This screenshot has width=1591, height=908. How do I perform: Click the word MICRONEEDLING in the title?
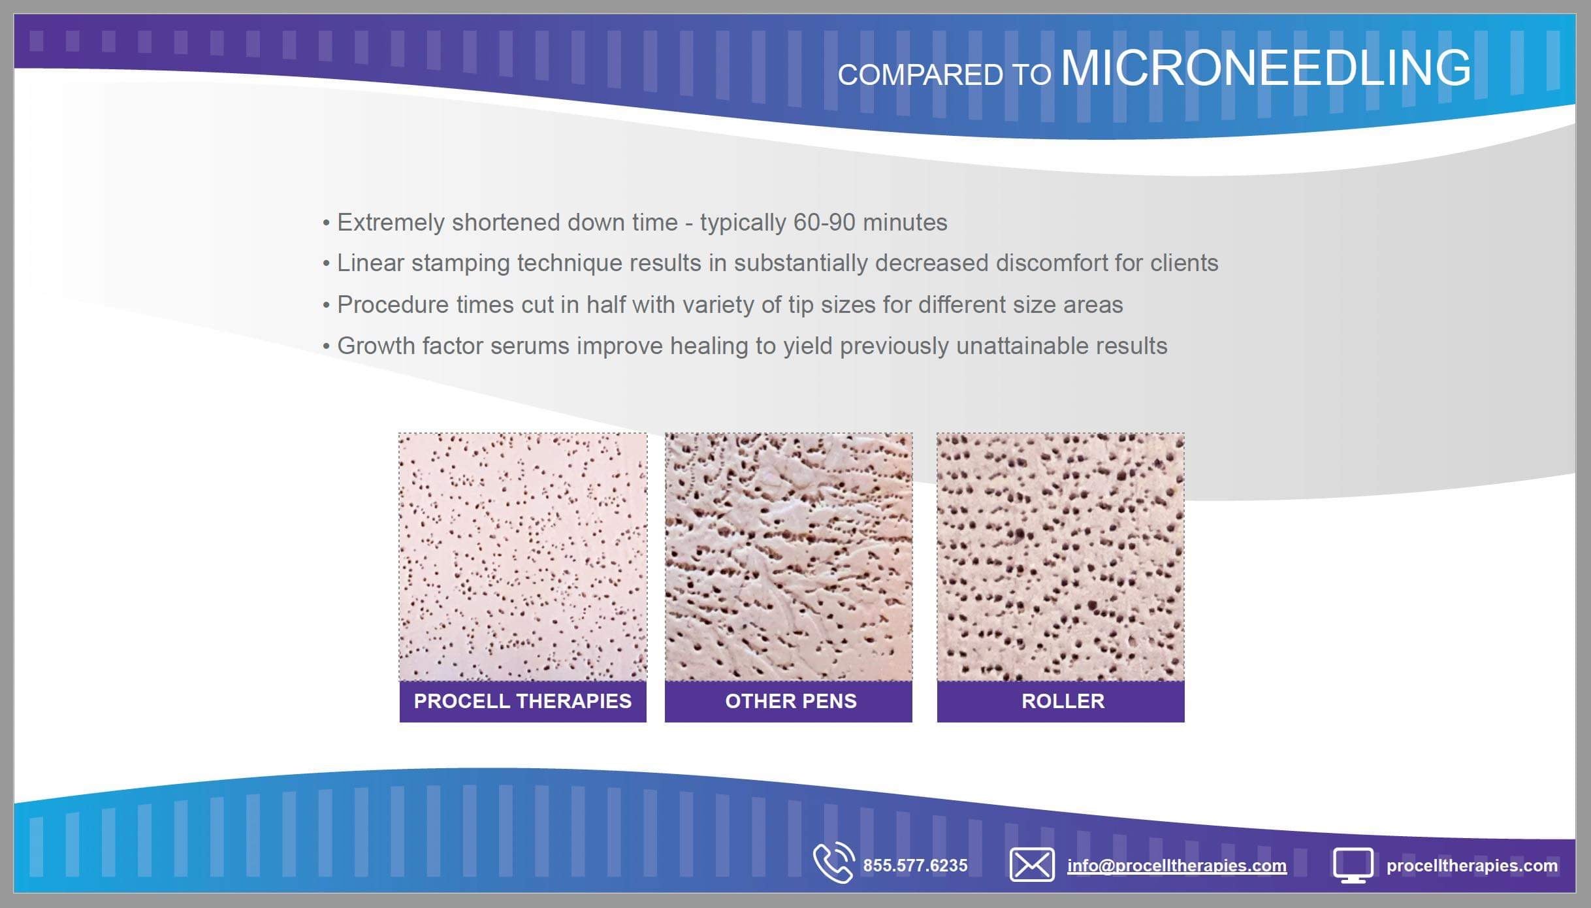1266,67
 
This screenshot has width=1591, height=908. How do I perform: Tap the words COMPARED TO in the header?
944,74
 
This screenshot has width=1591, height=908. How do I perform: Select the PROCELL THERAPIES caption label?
522,701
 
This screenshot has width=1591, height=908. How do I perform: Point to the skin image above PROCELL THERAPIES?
522,557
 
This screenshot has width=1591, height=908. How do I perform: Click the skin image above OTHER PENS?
788,557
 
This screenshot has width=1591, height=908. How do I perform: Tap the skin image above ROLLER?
1061,557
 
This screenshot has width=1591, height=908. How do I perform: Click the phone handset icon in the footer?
834,863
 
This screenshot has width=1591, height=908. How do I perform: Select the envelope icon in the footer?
1032,865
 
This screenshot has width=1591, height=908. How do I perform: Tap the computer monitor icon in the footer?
1353,866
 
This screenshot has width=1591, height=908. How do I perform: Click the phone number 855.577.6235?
915,866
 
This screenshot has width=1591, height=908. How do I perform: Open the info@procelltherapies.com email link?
1177,866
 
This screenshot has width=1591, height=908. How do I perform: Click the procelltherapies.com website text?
1472,866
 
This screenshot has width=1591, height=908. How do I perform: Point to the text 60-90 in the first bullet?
824,223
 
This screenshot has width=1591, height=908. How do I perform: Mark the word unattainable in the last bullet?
1023,346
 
